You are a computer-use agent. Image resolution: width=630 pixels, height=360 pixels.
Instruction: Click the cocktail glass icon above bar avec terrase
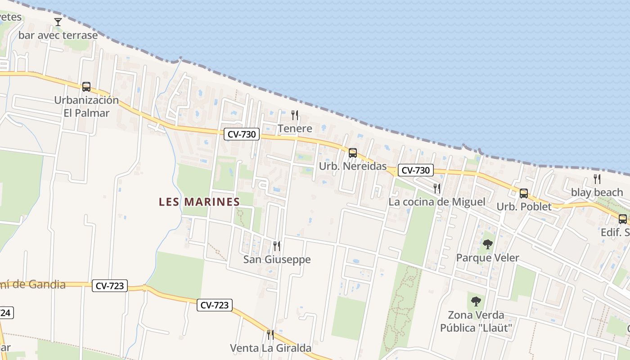[x=58, y=22]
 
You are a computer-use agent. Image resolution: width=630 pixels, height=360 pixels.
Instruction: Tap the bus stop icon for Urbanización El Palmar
[x=86, y=87]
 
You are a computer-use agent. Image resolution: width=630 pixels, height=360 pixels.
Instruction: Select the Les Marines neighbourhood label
[x=199, y=202]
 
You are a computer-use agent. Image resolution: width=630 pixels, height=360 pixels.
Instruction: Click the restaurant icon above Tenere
[x=295, y=115]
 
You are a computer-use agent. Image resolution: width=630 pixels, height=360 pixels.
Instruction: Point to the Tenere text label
[x=295, y=129]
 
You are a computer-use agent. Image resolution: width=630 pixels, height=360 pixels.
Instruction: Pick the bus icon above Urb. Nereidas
[x=352, y=153]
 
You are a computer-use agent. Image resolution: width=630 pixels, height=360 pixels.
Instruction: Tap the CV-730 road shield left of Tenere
[x=242, y=134]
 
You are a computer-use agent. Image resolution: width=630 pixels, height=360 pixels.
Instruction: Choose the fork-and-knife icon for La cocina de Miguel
[x=436, y=188]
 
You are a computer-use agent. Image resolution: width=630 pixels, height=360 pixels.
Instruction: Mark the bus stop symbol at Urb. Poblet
[x=523, y=193]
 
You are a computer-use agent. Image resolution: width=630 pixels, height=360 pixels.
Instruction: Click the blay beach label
[x=597, y=193]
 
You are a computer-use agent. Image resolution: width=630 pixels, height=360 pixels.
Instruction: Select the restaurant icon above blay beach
[x=597, y=179]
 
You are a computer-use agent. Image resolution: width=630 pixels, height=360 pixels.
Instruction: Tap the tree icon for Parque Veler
[x=487, y=244]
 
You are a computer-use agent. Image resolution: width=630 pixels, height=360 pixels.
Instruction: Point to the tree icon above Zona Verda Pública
[x=476, y=301]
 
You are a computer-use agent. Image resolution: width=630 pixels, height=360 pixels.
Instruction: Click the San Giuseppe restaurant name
[x=277, y=260]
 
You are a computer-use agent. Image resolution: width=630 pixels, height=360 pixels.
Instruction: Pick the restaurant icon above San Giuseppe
[x=277, y=246]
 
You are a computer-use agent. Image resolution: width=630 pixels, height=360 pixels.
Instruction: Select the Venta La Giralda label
[x=270, y=348]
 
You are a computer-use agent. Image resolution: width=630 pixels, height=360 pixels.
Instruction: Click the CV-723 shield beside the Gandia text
[x=110, y=286]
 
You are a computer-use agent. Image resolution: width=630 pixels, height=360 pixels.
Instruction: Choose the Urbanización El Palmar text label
[x=86, y=106]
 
